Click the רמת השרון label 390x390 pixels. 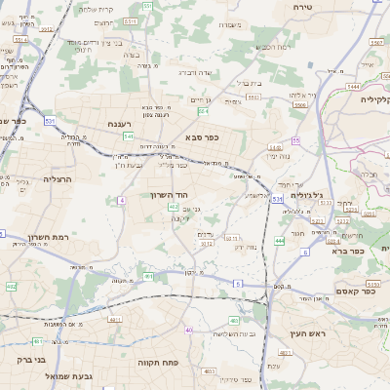[43, 237]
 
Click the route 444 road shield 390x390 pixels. [280, 239]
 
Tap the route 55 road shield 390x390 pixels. [294, 141]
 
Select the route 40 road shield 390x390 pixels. [188, 331]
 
